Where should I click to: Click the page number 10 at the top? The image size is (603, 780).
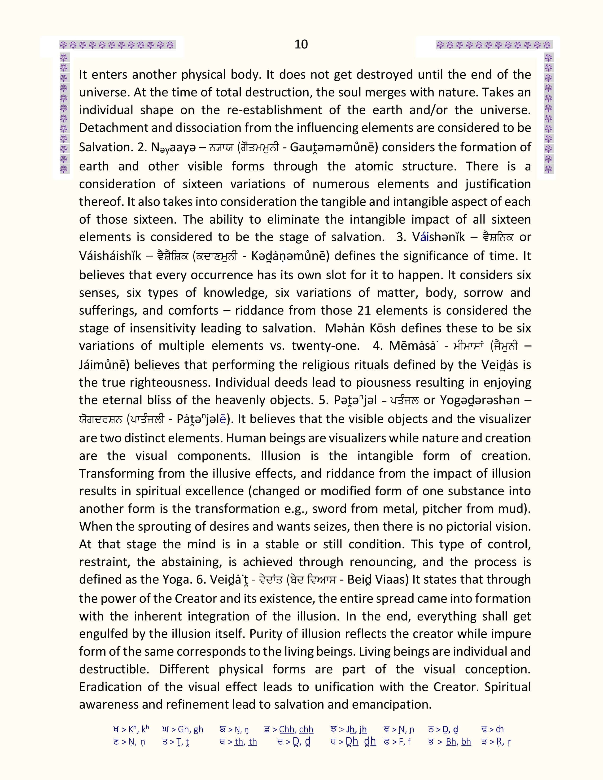pyautogui.click(x=301, y=44)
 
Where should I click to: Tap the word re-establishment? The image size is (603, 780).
pyautogui.click(x=274, y=110)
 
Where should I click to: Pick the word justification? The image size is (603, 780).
pyautogui.click(x=498, y=184)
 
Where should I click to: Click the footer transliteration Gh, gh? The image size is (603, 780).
pyautogui.click(x=190, y=729)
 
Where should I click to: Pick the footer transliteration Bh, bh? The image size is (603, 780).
pyautogui.click(x=458, y=742)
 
